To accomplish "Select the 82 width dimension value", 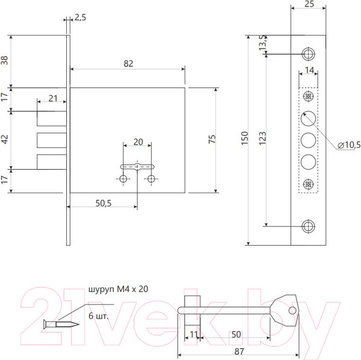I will coord(128,63).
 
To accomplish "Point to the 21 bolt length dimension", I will coord(52,98).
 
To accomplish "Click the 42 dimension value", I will coord(6,138).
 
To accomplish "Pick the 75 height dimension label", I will coord(211,140).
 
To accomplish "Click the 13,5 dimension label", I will coord(261,43).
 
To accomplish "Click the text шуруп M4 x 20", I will coord(118,289).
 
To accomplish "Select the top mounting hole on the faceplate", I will coord(307,54).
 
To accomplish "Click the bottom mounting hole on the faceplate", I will coord(307,226).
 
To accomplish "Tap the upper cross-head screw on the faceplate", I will coord(307,96).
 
